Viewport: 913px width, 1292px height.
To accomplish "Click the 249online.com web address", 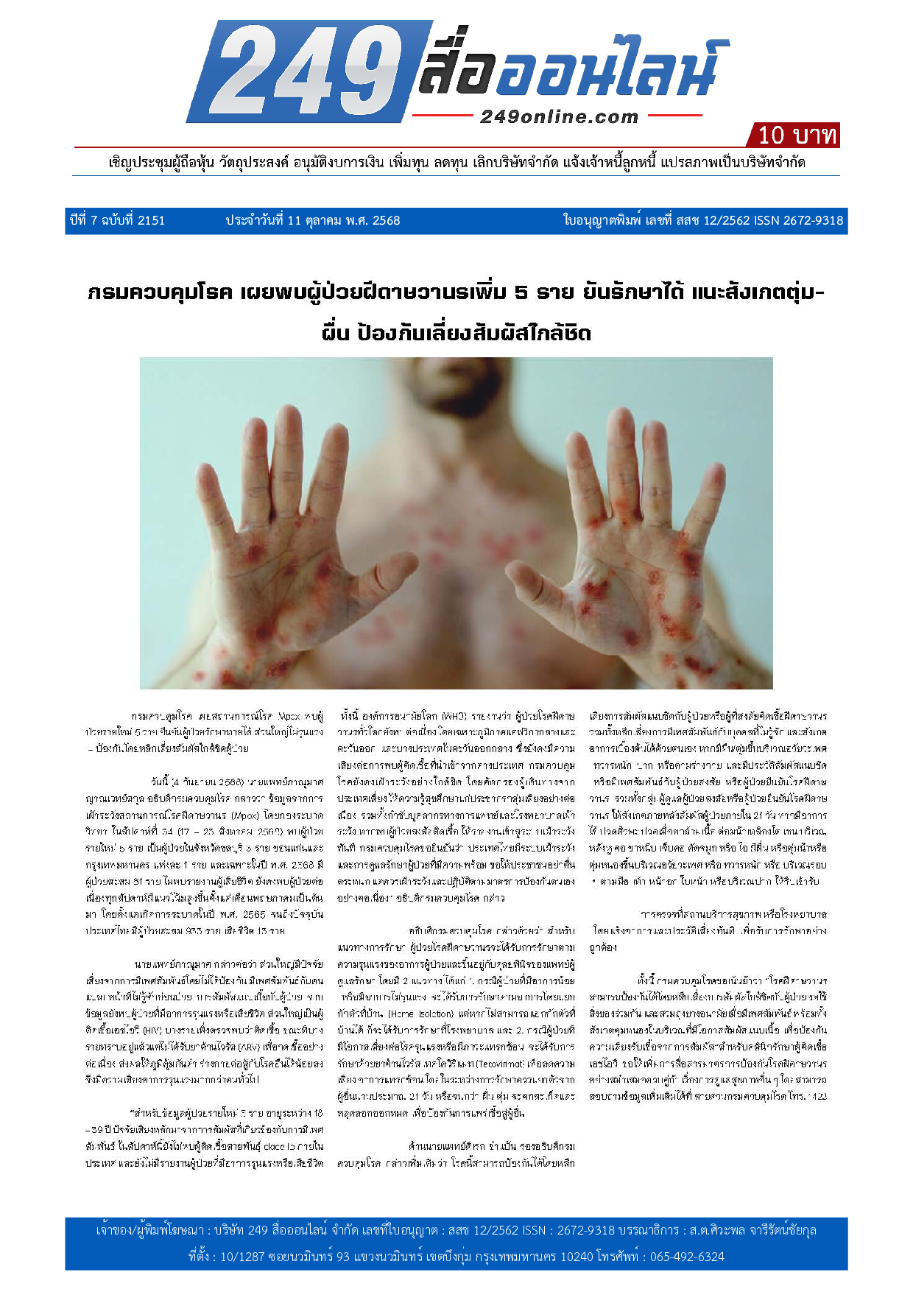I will pos(559,116).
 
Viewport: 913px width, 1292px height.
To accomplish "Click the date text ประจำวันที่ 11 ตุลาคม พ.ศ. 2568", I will pos(312,220).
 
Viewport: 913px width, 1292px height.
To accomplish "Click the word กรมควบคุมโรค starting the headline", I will pos(159,293).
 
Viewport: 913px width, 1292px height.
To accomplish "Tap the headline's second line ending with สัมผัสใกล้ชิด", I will pos(456,333).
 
